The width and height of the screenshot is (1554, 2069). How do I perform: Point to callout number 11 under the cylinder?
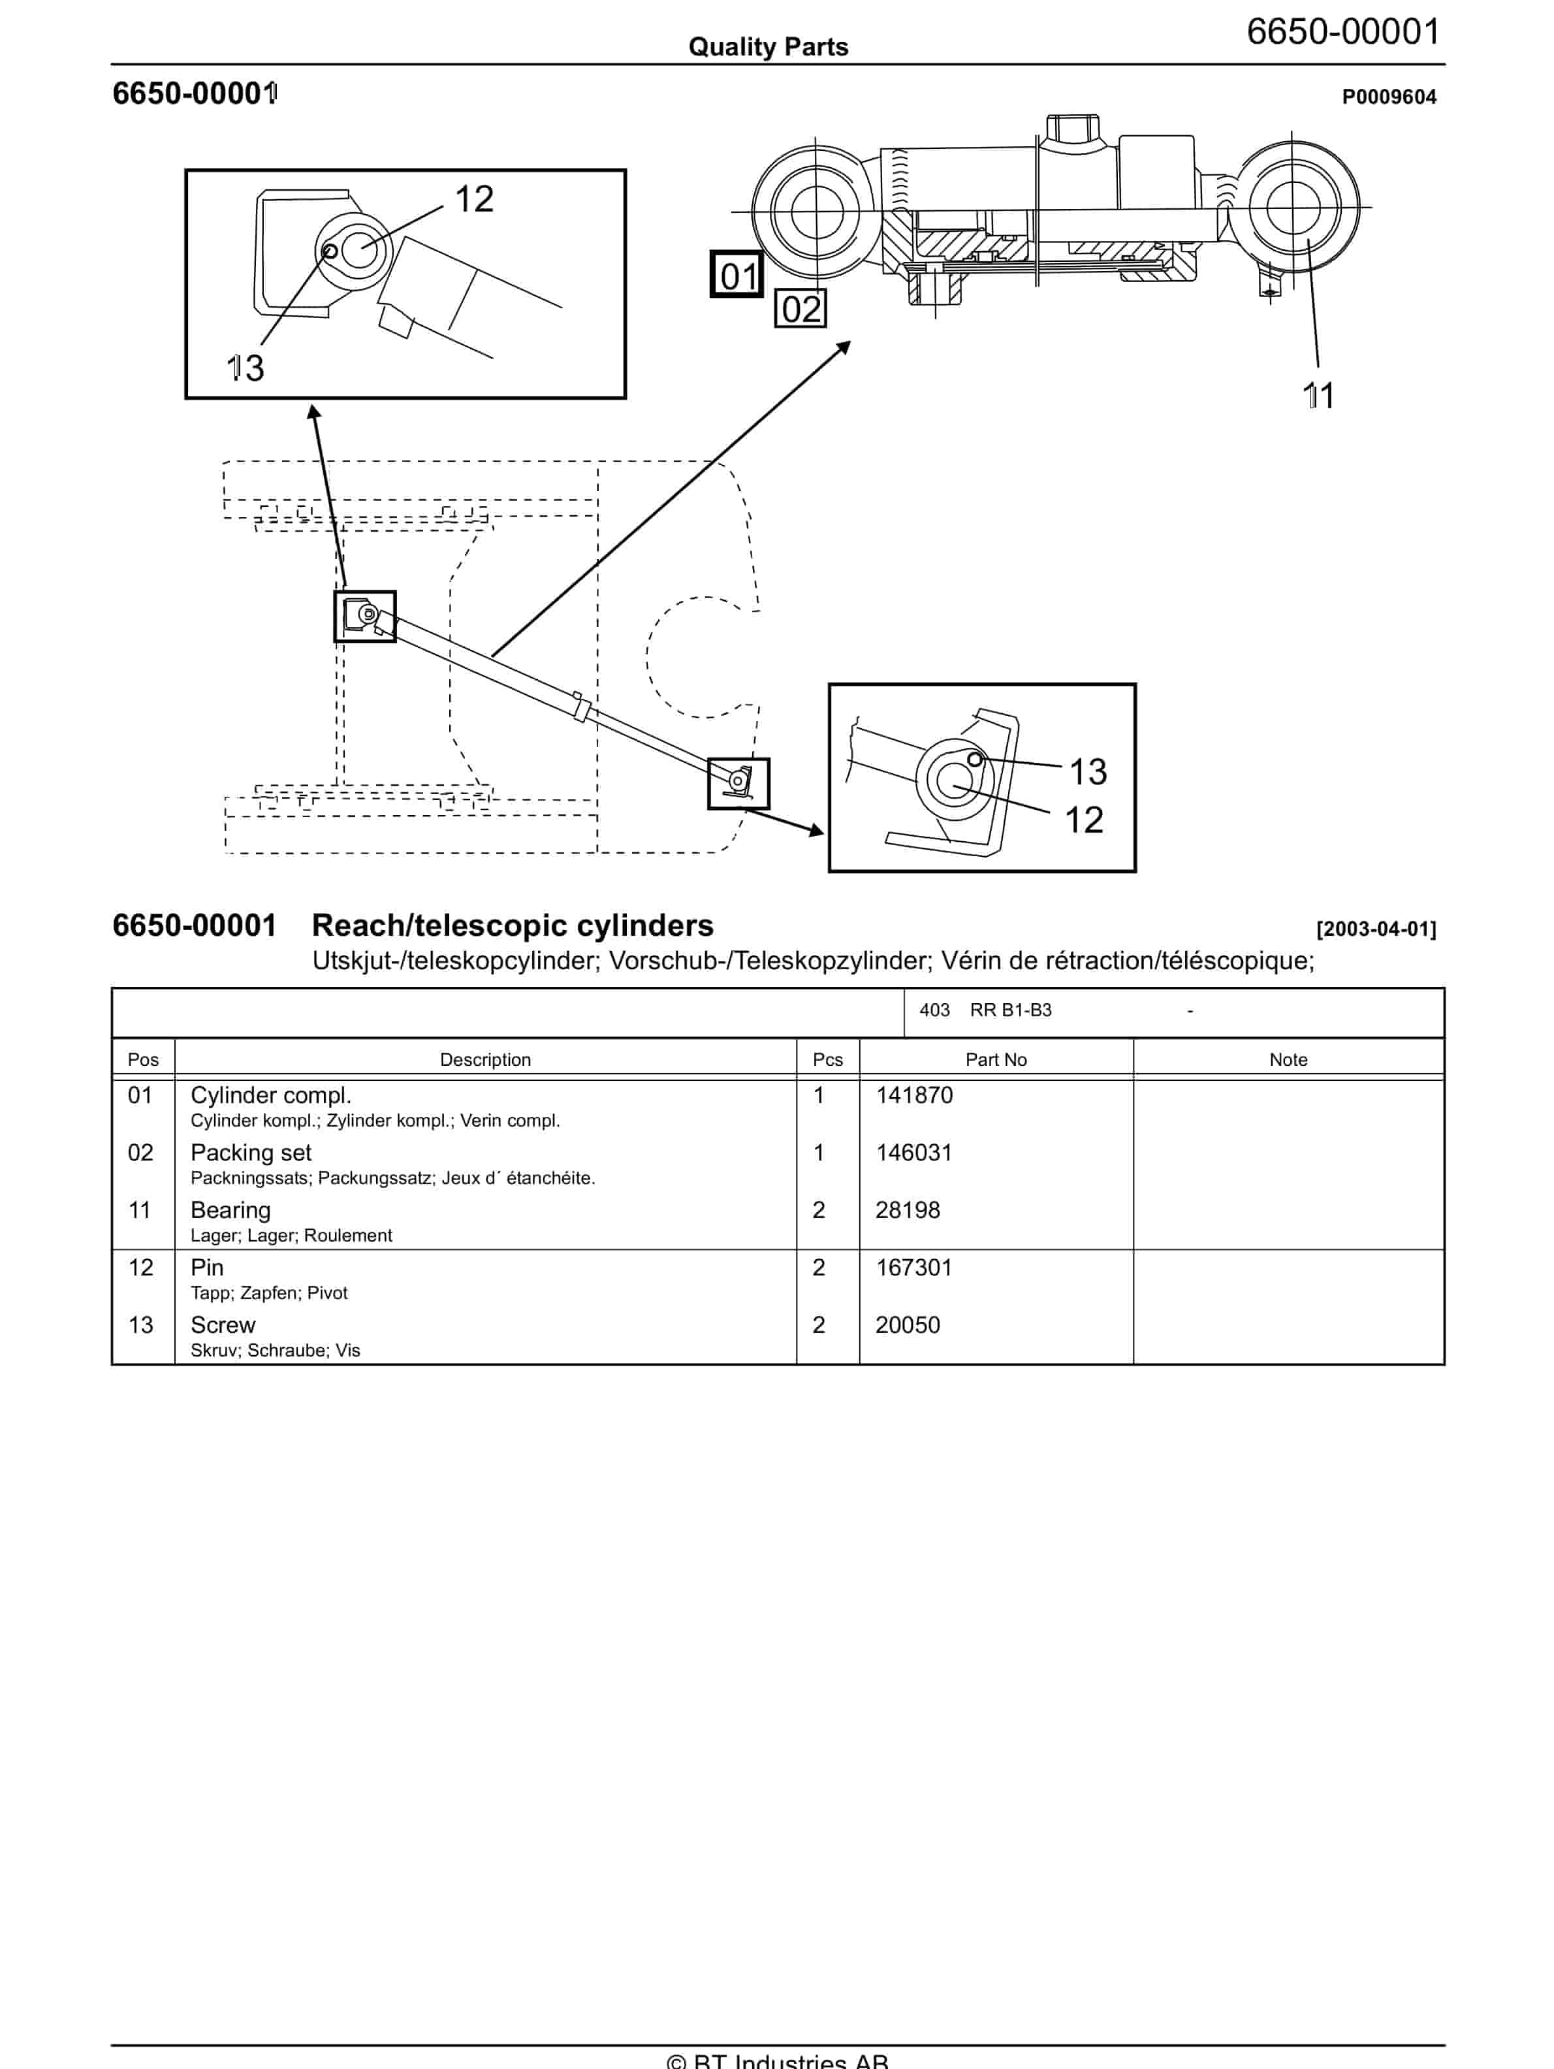pyautogui.click(x=1318, y=396)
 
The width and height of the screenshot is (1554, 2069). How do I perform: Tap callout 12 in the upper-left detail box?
pyautogui.click(x=474, y=199)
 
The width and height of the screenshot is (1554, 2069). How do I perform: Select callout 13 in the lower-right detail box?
pyautogui.click(x=1087, y=772)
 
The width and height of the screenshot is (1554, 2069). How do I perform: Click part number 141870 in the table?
pyautogui.click(x=913, y=1095)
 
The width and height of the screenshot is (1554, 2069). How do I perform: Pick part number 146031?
pyautogui.click(x=913, y=1152)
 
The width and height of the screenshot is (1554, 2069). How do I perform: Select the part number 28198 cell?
pyautogui.click(x=907, y=1210)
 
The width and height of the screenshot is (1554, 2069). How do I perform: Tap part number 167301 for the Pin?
pyautogui.click(x=913, y=1268)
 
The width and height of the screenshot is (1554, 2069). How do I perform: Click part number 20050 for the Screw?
pyautogui.click(x=907, y=1325)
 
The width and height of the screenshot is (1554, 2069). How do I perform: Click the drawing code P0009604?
pyautogui.click(x=1389, y=97)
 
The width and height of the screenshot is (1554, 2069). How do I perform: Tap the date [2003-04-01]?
pyautogui.click(x=1375, y=929)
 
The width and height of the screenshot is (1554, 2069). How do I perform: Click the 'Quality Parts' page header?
pyautogui.click(x=768, y=47)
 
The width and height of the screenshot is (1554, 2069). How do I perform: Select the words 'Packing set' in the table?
pyautogui.click(x=251, y=1152)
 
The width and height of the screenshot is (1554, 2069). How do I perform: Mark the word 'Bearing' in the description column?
pyautogui.click(x=230, y=1210)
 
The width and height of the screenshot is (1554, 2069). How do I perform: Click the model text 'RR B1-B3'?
pyautogui.click(x=1010, y=1010)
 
